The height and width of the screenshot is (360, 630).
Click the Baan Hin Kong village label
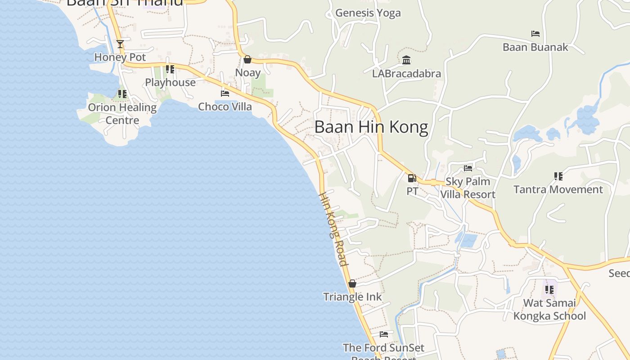[371, 127]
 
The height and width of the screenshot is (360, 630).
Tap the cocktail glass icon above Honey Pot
[120, 44]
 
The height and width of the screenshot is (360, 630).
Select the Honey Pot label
[120, 58]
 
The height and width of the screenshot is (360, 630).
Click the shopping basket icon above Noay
[247, 59]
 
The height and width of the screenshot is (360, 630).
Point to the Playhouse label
[170, 82]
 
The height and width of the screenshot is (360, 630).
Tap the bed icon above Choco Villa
[225, 94]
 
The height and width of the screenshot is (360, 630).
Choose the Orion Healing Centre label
[122, 113]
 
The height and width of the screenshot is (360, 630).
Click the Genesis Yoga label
[368, 13]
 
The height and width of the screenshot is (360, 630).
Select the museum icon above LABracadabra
[406, 60]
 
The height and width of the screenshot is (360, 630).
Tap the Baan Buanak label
[535, 47]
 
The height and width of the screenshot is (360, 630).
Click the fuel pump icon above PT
[412, 178]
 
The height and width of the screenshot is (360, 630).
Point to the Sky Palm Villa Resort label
[468, 188]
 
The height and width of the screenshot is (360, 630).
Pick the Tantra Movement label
[558, 189]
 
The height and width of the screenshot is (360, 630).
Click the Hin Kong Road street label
[333, 229]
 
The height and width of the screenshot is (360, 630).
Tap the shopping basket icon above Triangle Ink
[352, 283]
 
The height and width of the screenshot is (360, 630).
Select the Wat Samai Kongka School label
[549, 310]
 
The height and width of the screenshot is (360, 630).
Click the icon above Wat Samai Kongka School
[549, 289]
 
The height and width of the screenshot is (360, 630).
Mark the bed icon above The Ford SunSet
[383, 334]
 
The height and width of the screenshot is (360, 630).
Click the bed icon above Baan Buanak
[535, 34]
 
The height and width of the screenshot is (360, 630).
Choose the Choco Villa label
[225, 107]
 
